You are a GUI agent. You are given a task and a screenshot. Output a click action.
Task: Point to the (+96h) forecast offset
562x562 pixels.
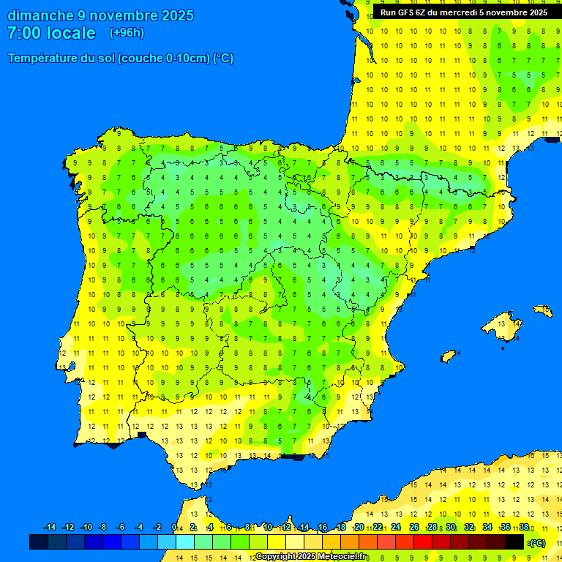(127, 33)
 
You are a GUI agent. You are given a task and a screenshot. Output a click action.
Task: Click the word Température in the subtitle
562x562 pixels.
(43, 59)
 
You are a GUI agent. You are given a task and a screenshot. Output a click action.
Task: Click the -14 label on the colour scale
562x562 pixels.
(50, 528)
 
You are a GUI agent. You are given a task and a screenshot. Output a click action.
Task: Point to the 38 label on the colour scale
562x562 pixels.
(524, 528)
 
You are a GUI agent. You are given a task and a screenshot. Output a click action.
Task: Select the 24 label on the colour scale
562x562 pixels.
(396, 528)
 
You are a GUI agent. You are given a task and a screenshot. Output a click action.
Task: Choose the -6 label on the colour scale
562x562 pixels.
(121, 528)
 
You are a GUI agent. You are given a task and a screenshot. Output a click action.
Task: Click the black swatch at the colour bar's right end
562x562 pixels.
(514, 542)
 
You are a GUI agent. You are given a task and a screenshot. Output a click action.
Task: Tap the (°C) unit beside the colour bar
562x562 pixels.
(537, 542)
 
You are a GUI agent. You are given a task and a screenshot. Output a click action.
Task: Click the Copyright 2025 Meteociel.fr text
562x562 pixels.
(311, 557)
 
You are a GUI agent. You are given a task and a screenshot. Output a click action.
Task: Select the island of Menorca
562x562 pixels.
(543, 310)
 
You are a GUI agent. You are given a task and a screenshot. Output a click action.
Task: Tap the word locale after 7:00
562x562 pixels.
(71, 33)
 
